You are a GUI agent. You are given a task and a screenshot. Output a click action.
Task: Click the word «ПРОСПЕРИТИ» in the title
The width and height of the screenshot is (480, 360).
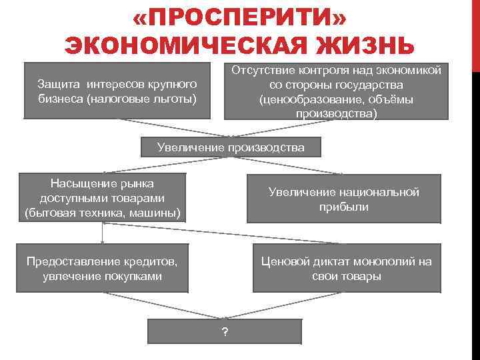click(x=239, y=17)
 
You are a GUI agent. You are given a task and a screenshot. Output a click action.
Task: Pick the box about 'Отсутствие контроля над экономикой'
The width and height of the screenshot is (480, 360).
click(x=336, y=92)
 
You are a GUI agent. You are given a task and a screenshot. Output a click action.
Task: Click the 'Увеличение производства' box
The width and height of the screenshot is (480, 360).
click(x=231, y=147)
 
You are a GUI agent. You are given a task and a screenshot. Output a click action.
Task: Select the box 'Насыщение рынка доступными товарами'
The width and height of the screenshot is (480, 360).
click(x=102, y=198)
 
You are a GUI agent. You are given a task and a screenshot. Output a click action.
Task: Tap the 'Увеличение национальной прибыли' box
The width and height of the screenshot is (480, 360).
click(x=343, y=199)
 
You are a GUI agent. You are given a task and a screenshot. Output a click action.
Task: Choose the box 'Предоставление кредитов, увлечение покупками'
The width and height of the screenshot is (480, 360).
click(x=102, y=268)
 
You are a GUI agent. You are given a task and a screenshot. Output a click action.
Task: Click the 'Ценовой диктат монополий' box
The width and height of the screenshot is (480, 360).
click(x=346, y=268)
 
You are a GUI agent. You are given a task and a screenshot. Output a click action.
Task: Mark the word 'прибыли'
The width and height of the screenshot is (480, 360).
click(x=343, y=207)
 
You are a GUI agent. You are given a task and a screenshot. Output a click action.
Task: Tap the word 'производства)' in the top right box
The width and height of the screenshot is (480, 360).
click(x=336, y=113)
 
